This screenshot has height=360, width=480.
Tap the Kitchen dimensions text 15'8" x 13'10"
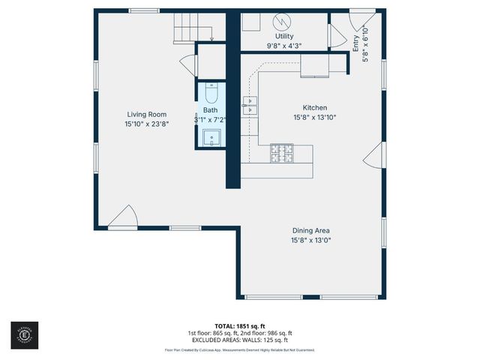pyautogui.click(x=314, y=117)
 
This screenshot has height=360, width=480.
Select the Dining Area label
pyautogui.click(x=311, y=231)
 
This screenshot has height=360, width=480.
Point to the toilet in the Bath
pyautogui.click(x=211, y=96)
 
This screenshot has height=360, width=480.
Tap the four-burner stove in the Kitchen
pyautogui.click(x=283, y=153)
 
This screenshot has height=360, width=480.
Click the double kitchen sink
pyautogui.click(x=250, y=106)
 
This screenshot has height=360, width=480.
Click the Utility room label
pyautogui.click(x=284, y=36)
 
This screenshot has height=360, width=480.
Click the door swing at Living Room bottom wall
pyautogui.click(x=123, y=218)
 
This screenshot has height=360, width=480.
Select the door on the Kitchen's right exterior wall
pyautogui.click(x=371, y=158)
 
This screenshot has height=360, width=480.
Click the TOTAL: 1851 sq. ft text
pyautogui.click(x=239, y=326)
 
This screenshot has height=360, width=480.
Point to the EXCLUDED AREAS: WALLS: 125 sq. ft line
pyautogui.click(x=239, y=340)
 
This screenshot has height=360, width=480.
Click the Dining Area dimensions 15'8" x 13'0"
pyautogui.click(x=311, y=240)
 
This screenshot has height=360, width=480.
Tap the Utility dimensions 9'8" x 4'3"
pyautogui.click(x=284, y=45)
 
